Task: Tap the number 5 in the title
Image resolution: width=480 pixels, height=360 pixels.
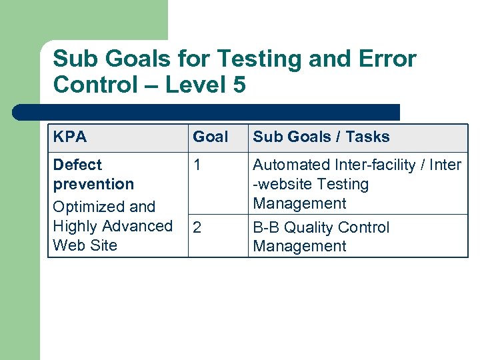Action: point(239,85)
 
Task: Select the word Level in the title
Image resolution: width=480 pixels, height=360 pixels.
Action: point(197,85)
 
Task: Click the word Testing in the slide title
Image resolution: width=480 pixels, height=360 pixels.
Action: point(243,59)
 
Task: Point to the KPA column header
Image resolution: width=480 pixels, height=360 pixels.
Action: point(69,137)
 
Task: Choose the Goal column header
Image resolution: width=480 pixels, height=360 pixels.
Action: point(210,137)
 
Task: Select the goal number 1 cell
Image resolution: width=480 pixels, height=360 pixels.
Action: point(197,165)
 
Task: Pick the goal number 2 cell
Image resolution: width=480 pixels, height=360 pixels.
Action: point(197,228)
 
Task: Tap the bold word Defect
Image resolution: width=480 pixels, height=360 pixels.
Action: point(77,165)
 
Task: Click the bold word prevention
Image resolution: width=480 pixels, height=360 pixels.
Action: point(93,184)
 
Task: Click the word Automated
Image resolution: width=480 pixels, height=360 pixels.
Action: point(291,165)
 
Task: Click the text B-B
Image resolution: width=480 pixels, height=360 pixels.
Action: point(267,227)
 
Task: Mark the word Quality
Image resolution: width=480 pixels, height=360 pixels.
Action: point(313,227)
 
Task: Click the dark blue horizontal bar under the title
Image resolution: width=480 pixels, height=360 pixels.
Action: point(207,112)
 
